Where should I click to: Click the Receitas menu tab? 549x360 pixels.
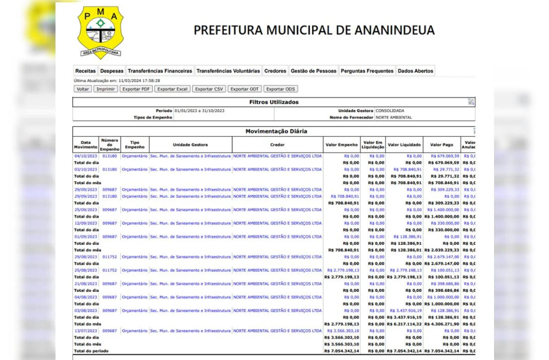[x=86, y=71]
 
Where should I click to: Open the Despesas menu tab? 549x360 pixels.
[x=112, y=71]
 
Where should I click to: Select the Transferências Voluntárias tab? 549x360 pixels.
[x=228, y=71]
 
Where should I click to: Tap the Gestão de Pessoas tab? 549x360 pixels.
[x=313, y=71]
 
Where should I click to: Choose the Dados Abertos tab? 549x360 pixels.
[x=415, y=71]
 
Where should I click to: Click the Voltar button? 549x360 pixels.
[x=83, y=89]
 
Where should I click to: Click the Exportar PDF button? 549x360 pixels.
[x=136, y=89]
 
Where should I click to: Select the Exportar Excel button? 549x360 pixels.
[x=172, y=89]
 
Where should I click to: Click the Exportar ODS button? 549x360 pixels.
[x=281, y=89]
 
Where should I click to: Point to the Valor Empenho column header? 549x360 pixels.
[x=341, y=145]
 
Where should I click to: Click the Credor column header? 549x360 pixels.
[x=278, y=145]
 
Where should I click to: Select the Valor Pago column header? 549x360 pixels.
[x=441, y=145]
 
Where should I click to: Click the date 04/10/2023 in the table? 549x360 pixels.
[x=86, y=156]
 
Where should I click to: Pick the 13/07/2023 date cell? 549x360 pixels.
[x=86, y=331]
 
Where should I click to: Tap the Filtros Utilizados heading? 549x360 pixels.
[x=274, y=102]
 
